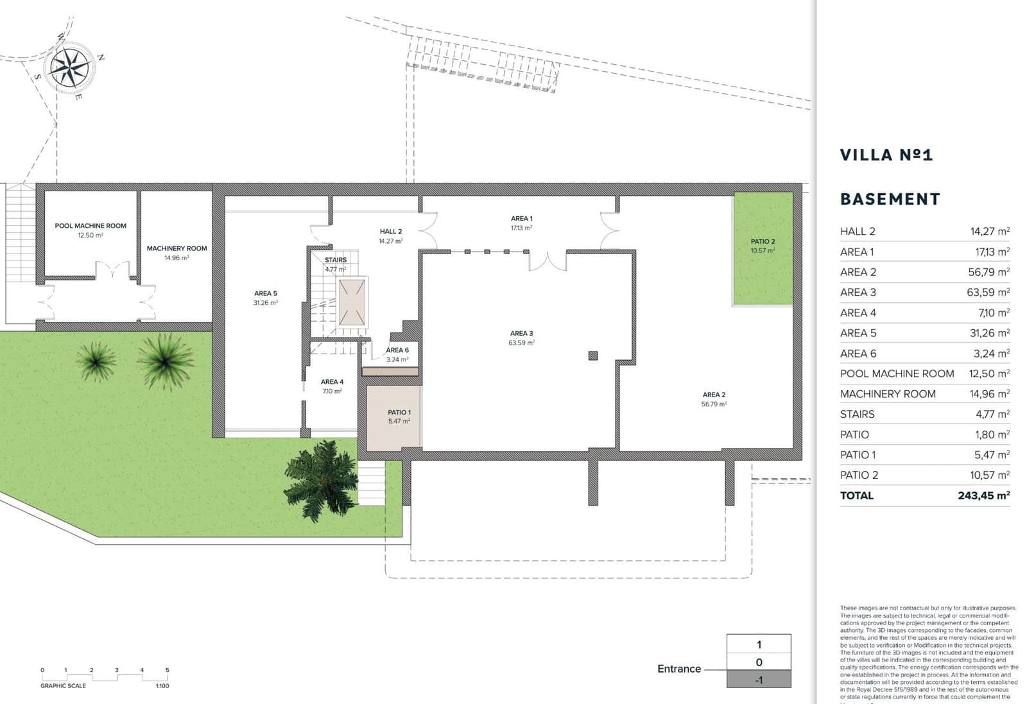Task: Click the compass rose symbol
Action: (x=70, y=67)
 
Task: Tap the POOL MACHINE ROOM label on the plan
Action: (x=91, y=226)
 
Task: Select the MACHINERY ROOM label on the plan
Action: (x=177, y=248)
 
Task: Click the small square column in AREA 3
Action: (x=593, y=356)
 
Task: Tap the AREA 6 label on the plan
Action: (x=397, y=350)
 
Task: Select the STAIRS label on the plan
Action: (x=335, y=260)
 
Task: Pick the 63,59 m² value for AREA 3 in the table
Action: (x=988, y=293)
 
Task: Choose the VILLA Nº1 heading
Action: (x=886, y=155)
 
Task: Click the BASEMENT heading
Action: (x=890, y=199)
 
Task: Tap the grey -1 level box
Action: (x=759, y=680)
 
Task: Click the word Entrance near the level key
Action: (x=679, y=669)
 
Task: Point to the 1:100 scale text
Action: (x=162, y=686)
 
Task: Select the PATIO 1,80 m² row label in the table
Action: (x=854, y=435)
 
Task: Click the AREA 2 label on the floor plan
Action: (x=714, y=395)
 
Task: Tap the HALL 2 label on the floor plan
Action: (x=390, y=232)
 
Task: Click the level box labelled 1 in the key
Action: (x=759, y=644)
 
